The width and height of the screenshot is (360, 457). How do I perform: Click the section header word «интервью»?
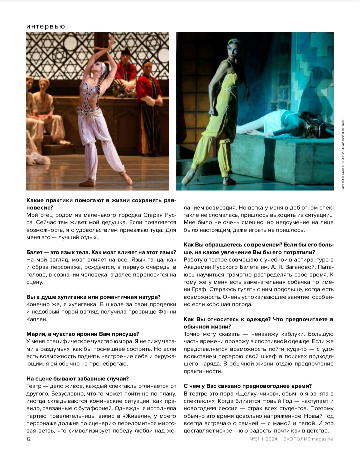point(46,26)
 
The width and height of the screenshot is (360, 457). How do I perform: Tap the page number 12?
point(29,439)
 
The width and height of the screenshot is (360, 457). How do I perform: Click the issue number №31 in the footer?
point(254,439)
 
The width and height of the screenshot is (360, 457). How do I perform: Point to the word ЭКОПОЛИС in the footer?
point(297,439)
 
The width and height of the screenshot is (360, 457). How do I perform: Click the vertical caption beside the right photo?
point(343,155)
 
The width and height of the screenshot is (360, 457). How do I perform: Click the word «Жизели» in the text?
point(135,416)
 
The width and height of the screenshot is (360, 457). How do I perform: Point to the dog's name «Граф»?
point(199,289)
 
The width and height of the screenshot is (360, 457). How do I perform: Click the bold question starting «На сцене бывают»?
point(77,379)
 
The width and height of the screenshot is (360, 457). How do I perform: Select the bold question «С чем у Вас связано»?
point(248,386)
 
